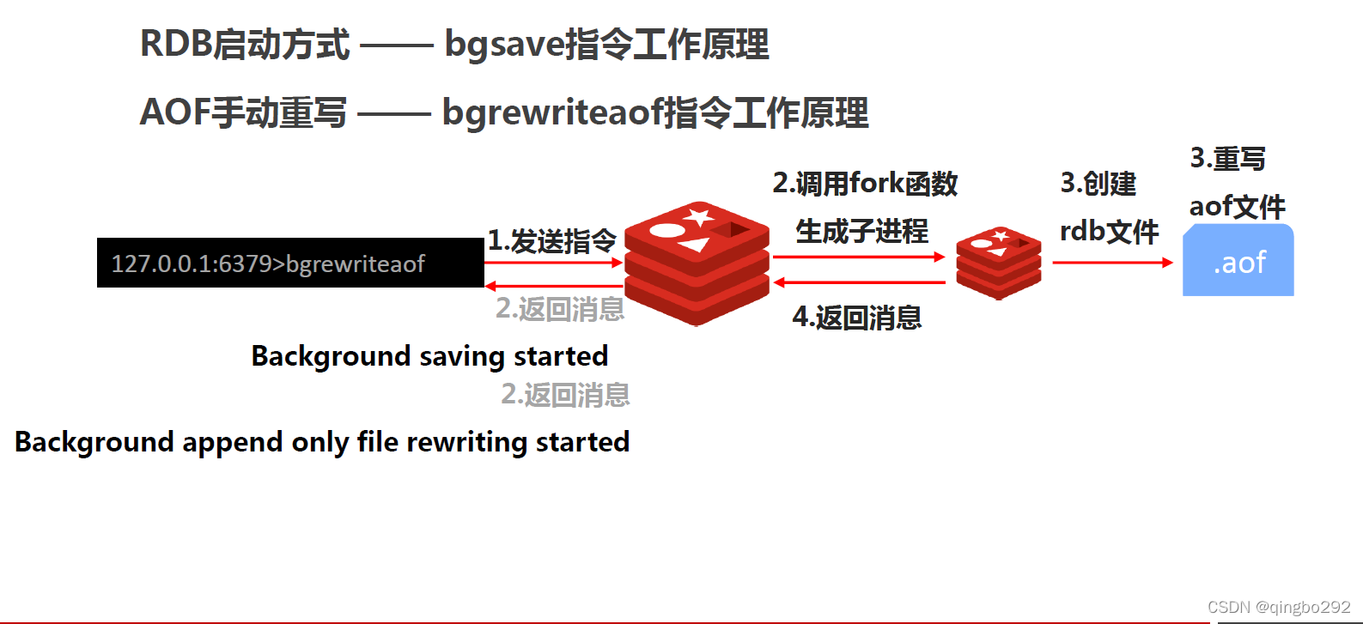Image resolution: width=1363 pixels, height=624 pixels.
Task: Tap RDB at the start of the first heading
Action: tap(175, 45)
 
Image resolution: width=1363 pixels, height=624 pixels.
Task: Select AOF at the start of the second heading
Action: tap(173, 112)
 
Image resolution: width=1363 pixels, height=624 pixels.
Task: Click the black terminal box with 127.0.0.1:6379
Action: tap(290, 263)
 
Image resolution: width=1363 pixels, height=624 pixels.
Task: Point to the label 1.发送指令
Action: tap(552, 241)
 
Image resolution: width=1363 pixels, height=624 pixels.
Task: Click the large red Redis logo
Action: tap(697, 263)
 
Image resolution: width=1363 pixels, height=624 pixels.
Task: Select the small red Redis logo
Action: tap(998, 263)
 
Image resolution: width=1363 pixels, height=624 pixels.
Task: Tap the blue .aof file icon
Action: tap(1238, 261)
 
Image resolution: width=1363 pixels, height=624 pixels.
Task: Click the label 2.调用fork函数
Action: tap(865, 184)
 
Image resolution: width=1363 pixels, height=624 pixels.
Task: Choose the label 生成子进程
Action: tap(861, 231)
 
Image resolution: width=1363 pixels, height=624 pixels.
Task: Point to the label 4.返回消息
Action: tap(856, 318)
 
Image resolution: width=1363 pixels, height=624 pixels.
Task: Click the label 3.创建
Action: tap(1098, 184)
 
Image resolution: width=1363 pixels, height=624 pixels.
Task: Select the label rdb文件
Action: tap(1109, 231)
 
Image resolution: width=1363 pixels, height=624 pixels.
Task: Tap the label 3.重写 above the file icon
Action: tap(1227, 159)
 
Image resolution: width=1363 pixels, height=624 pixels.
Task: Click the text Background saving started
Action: tap(429, 356)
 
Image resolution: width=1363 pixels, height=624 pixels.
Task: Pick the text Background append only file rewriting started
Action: tap(322, 442)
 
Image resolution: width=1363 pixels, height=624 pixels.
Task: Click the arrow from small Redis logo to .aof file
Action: tap(1112, 263)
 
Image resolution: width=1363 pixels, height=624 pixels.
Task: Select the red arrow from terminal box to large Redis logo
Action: tap(554, 263)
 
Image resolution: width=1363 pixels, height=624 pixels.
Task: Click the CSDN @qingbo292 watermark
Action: tap(1279, 608)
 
